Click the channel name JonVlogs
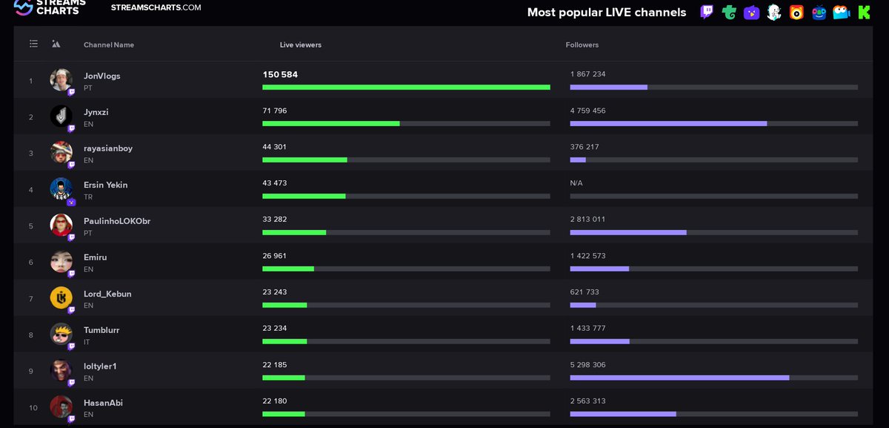[x=101, y=76]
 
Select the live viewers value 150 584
[x=280, y=74]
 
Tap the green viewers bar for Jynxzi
[x=330, y=123]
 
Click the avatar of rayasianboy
[x=61, y=152]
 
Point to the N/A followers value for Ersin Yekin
[x=576, y=183]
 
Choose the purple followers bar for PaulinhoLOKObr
[x=627, y=232]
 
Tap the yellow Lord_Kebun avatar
[x=61, y=297]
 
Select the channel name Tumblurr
[x=101, y=330]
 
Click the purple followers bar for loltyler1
[x=679, y=378]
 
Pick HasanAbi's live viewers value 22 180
[x=274, y=401]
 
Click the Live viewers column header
[x=300, y=45]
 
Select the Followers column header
[x=582, y=45]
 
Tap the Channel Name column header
[x=109, y=45]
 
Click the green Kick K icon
[x=864, y=12]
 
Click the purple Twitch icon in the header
[x=707, y=12]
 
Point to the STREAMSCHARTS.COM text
[x=156, y=7]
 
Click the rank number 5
[x=31, y=226]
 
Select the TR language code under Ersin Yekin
[x=88, y=197]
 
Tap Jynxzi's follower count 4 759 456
[x=587, y=111]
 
